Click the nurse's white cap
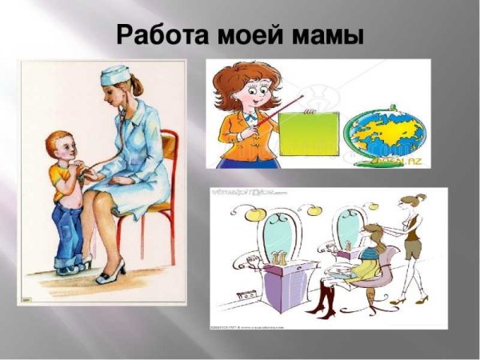(x=114, y=75)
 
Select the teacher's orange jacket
(x=240, y=136)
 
